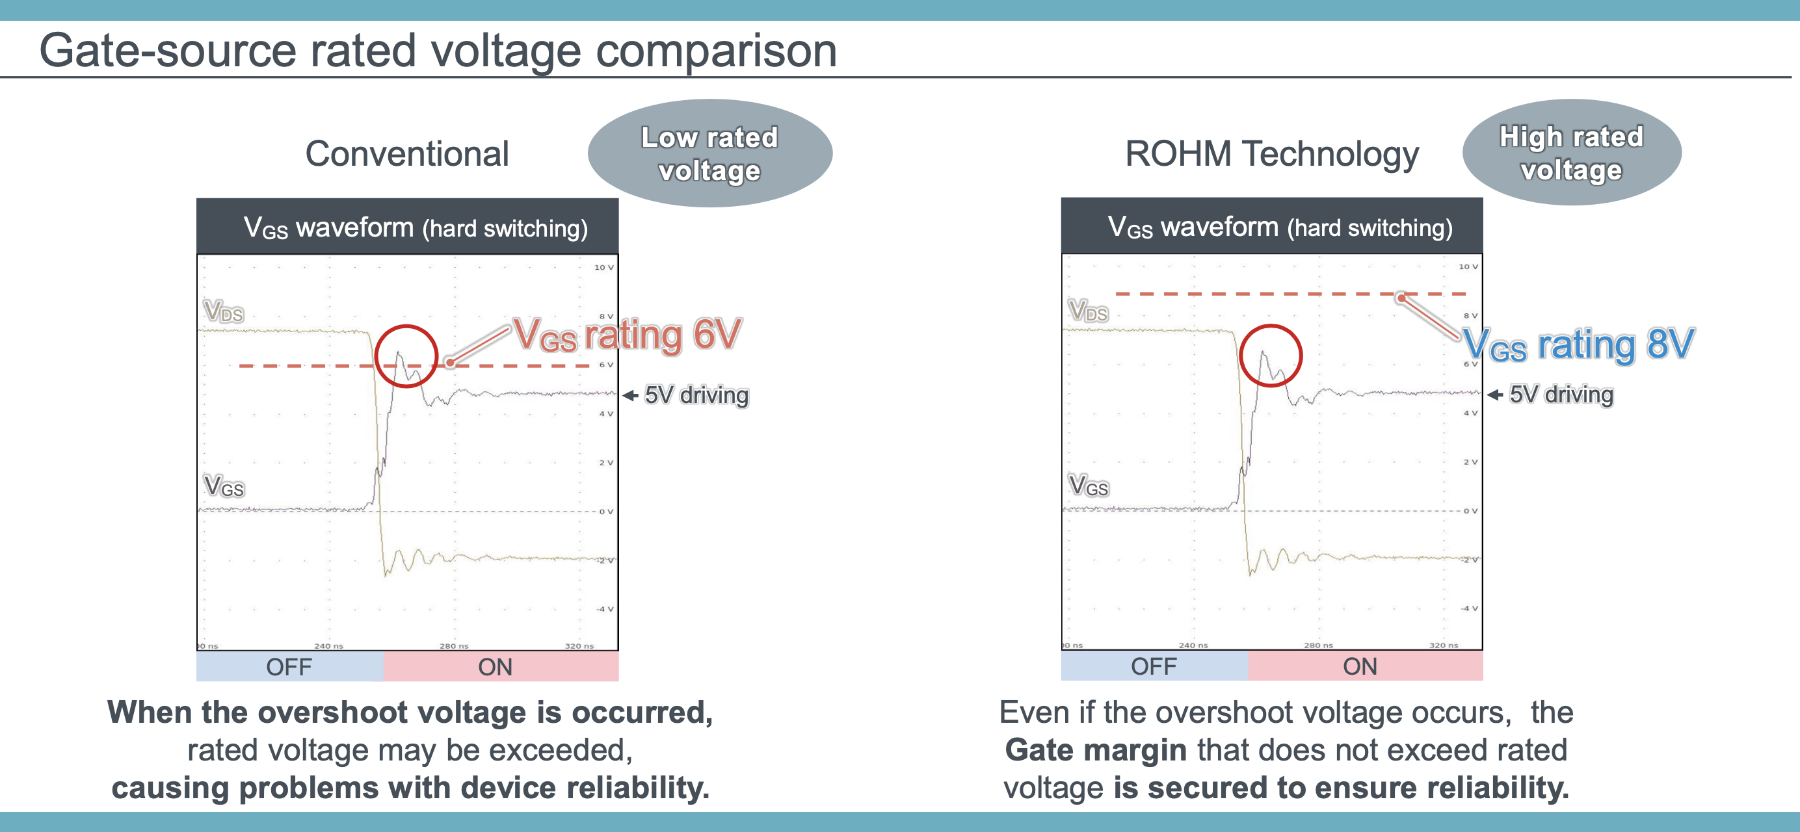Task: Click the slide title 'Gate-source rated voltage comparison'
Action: click(438, 50)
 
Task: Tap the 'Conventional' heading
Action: click(406, 153)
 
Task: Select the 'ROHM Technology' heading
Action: click(1271, 153)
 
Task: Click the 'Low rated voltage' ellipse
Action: click(709, 153)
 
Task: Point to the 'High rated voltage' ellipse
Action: click(1571, 153)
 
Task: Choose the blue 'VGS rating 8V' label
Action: click(1578, 344)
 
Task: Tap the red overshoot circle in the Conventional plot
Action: click(406, 356)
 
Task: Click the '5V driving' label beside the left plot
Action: click(696, 395)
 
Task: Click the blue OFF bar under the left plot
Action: click(289, 667)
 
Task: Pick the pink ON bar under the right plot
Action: click(1359, 666)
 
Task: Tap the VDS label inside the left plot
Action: click(224, 311)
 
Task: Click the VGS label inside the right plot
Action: click(1088, 486)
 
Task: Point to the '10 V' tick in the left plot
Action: click(603, 268)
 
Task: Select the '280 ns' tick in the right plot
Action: click(1318, 645)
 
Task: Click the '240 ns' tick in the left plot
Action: click(328, 646)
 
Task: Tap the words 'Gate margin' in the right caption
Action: click(1095, 750)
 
